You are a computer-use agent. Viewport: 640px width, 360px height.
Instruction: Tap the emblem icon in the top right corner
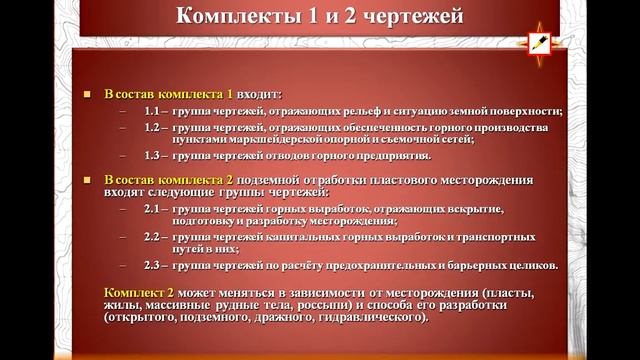coord(541,42)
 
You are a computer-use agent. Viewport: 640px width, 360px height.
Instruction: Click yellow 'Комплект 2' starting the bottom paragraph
coord(138,289)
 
